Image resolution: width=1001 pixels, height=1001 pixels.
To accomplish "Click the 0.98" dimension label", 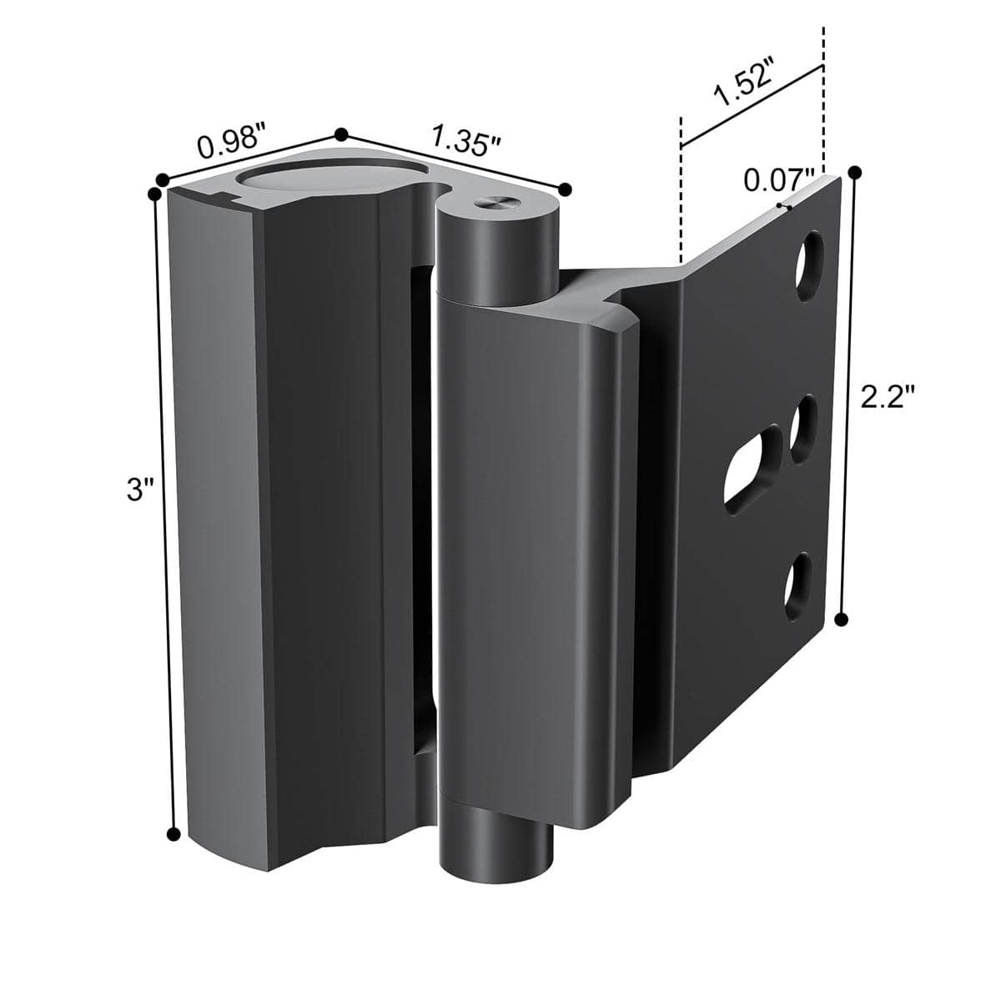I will click(232, 144).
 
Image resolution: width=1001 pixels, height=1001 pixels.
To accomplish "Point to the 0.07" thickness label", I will click(779, 180).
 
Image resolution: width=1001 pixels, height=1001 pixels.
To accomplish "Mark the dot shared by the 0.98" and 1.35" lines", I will click(340, 133).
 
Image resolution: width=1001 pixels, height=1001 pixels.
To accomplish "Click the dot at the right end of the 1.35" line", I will click(565, 189).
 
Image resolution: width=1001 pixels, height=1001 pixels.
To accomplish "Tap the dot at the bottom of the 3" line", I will click(174, 834).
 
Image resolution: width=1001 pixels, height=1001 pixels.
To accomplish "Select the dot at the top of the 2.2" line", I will click(853, 173).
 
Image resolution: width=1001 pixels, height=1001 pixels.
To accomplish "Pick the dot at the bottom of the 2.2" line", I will click(841, 618).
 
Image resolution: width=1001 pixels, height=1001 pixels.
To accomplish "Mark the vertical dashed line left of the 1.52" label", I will click(682, 192).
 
